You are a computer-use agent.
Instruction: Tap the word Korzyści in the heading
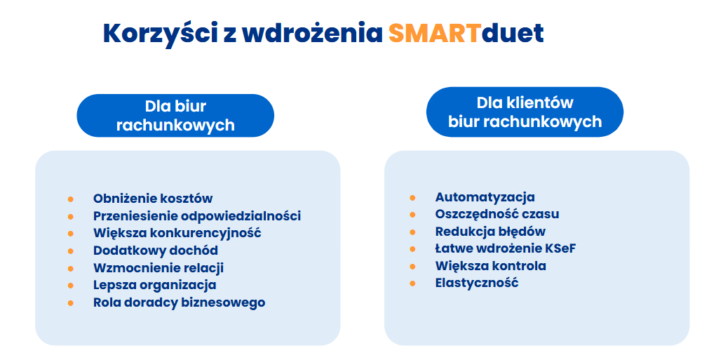coord(161,34)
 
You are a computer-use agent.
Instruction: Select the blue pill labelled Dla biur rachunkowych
coord(175,116)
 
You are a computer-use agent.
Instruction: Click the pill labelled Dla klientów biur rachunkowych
coord(525,112)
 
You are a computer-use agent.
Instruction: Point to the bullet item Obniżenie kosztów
coord(153,199)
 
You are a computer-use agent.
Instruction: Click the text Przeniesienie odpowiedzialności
coord(197,216)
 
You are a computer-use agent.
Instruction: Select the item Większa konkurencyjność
coord(177,233)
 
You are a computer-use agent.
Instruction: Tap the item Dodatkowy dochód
coord(156,251)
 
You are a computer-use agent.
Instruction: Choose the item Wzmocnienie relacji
coord(158,268)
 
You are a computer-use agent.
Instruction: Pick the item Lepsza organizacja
coord(154,285)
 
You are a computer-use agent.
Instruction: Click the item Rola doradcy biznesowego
coord(179,302)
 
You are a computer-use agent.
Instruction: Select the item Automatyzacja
coord(485,197)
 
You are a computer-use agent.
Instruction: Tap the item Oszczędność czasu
coord(497,215)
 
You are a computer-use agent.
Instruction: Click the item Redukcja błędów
coord(490,232)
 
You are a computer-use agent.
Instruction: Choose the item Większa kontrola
coord(491,266)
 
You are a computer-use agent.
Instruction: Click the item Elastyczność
coord(477,283)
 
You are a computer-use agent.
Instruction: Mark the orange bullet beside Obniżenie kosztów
coord(70,199)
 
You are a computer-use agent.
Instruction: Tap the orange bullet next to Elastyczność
coord(412,284)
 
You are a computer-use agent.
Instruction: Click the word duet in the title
coord(513,33)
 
